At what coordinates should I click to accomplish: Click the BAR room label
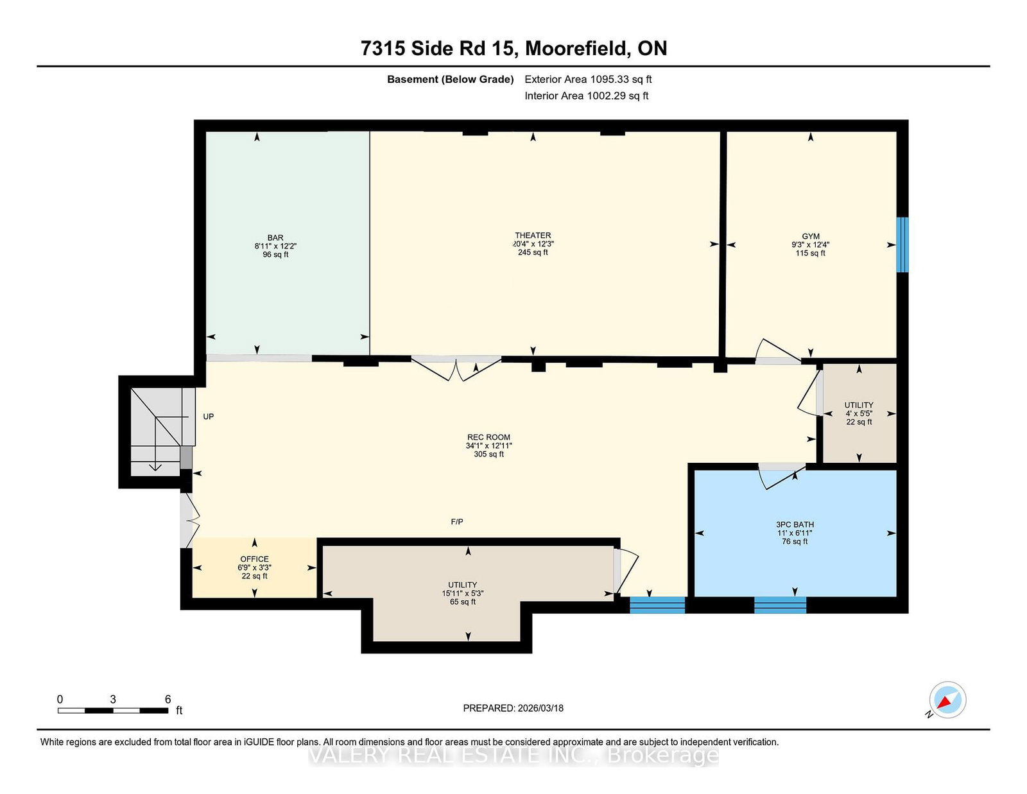275,237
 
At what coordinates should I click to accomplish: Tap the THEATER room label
533,236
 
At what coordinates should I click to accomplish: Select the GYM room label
811,236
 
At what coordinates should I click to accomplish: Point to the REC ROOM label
488,437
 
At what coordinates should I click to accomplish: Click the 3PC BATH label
795,524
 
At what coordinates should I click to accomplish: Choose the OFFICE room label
254,559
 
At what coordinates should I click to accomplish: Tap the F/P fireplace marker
457,521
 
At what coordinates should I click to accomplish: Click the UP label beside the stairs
209,417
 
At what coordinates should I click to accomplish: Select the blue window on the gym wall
902,245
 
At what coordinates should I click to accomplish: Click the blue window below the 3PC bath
780,605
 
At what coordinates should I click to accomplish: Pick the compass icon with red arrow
947,700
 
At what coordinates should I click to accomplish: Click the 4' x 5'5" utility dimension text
859,413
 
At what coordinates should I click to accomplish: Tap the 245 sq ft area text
533,252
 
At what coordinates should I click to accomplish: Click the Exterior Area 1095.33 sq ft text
588,80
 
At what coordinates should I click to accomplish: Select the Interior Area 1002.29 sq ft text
586,96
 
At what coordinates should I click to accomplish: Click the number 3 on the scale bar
113,699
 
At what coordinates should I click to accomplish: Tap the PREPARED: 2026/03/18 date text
513,708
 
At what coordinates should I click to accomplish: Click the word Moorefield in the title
576,48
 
